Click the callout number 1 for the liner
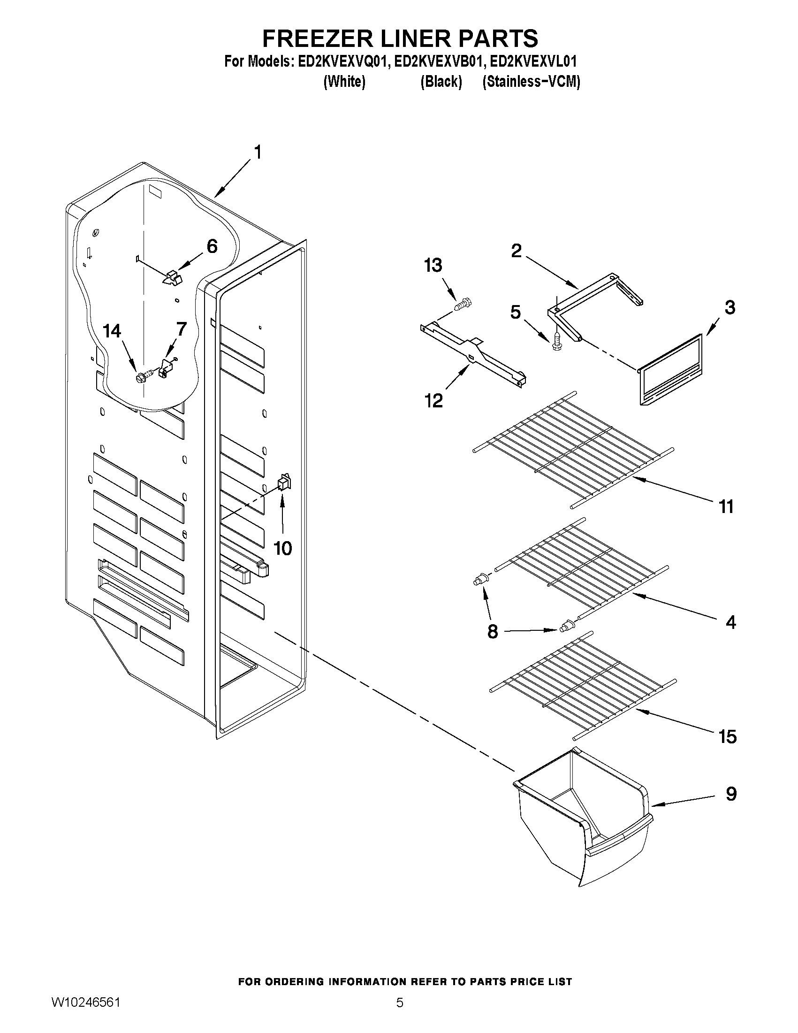258,153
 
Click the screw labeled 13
464,304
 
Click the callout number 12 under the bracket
433,401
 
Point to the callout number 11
726,506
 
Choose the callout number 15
727,736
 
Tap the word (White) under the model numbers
344,82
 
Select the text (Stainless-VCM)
531,82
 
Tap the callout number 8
493,631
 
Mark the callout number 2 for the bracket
516,251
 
